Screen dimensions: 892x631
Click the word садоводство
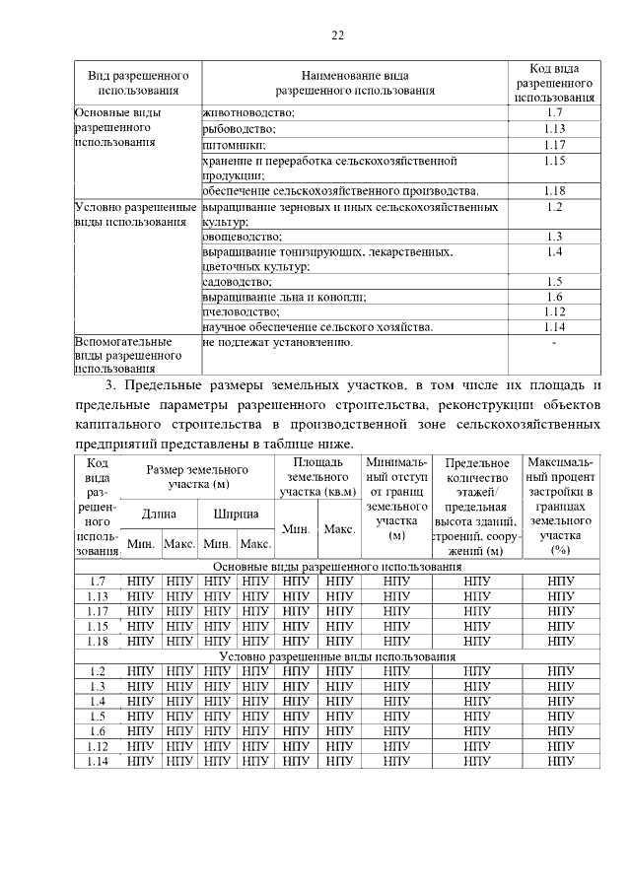click(237, 282)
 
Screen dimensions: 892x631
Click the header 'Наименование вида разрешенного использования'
click(355, 83)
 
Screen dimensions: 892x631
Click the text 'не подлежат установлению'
click(277, 342)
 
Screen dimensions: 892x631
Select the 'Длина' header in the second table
click(159, 514)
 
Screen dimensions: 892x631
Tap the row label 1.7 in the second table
click(97, 582)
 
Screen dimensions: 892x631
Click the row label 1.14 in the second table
click(97, 760)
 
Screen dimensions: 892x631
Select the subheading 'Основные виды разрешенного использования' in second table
click(338, 567)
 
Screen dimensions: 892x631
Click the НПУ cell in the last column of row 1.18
click(560, 641)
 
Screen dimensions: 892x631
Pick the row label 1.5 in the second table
click(97, 716)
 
